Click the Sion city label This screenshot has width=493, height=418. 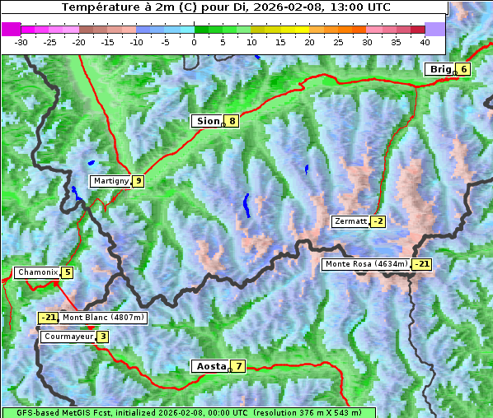coord(208,121)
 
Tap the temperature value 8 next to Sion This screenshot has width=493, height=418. coord(232,121)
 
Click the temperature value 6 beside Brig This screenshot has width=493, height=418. coord(464,69)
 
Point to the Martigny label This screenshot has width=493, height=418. coord(110,181)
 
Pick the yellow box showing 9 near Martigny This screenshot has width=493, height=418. coord(138,181)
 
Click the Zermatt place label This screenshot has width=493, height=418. coord(350,221)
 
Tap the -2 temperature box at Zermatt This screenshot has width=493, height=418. coord(378,221)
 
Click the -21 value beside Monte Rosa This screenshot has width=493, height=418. coord(421,264)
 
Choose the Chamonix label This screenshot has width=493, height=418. coord(37,272)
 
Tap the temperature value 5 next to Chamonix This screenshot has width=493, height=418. coord(67,272)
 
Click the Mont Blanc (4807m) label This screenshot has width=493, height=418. coord(103,318)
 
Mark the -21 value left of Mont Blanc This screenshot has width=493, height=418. coord(48,318)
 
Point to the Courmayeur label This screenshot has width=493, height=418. coord(68,337)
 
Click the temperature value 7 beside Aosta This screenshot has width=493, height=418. coord(238,366)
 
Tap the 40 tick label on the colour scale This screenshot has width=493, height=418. coord(425,42)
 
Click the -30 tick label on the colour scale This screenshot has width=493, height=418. coord(21,42)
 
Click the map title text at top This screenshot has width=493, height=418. coord(225,7)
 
